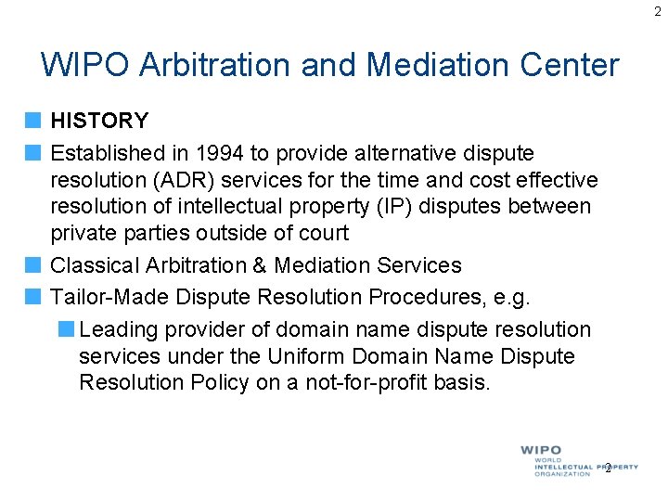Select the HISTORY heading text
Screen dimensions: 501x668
[x=99, y=121]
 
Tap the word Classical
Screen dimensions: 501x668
[x=95, y=265]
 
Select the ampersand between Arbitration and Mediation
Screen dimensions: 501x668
[x=262, y=265]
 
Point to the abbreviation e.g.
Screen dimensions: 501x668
[x=511, y=297]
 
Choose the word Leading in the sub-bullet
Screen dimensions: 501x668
[x=116, y=329]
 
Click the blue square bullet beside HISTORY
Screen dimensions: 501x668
[x=33, y=121]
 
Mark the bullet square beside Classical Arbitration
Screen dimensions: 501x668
[x=33, y=265]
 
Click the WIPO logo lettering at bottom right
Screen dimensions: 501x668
[x=541, y=451]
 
